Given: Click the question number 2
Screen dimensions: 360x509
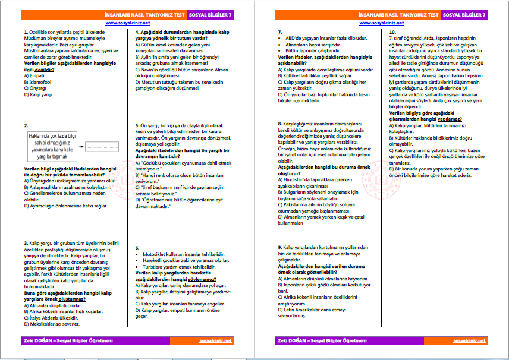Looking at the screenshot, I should click(x=26, y=125).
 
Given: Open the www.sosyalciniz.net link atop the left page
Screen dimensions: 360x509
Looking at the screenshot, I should click(x=127, y=23).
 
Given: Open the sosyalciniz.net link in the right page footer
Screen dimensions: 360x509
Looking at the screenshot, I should click(x=469, y=341).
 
